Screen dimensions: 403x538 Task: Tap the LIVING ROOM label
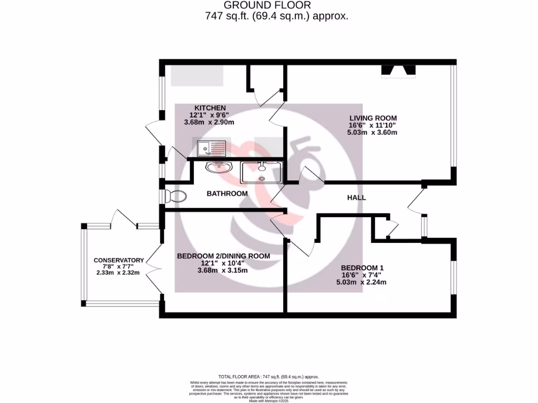tap(373, 118)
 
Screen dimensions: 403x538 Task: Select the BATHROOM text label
tap(226, 194)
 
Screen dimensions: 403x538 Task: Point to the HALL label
tap(356, 198)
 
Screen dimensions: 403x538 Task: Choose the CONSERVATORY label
tap(118, 260)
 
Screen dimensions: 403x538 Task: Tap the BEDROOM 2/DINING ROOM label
tap(223, 256)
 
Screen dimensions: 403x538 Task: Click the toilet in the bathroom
tap(174, 197)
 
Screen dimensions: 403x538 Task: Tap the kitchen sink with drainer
tap(211, 149)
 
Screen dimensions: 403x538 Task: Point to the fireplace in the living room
tap(398, 71)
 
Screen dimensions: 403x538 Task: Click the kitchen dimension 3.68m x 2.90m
tap(209, 122)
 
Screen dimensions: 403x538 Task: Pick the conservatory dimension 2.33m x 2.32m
tap(118, 273)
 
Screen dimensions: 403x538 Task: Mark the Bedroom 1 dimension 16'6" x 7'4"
tap(361, 274)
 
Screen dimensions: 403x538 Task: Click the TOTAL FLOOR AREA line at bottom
tap(269, 377)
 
